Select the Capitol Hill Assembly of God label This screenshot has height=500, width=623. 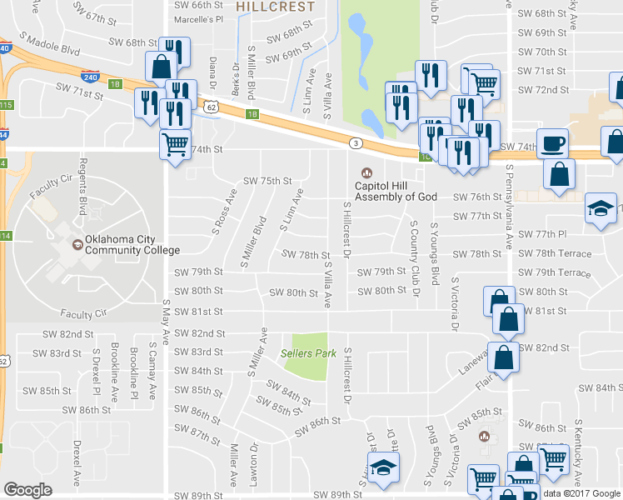[x=396, y=191]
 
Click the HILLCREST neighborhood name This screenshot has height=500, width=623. [x=275, y=7]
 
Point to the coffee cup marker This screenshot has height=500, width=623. [x=552, y=142]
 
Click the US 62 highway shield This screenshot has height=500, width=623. [x=211, y=107]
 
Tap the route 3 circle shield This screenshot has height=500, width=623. [x=356, y=143]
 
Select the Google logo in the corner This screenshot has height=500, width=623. [x=27, y=490]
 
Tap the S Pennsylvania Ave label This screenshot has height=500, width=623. [x=507, y=209]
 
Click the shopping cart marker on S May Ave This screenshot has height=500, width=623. [x=175, y=143]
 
